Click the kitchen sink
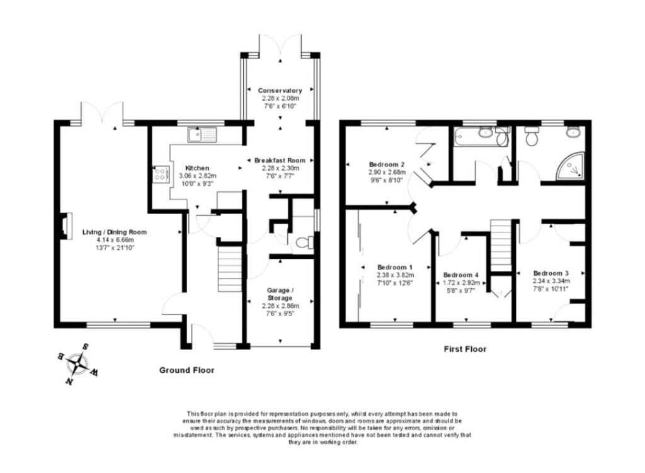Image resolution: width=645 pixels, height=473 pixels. pyautogui.click(x=201, y=134)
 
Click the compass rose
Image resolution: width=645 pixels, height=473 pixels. pyautogui.click(x=79, y=363)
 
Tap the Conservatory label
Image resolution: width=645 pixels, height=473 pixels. pyautogui.click(x=280, y=91)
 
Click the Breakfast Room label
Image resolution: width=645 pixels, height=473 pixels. pyautogui.click(x=280, y=160)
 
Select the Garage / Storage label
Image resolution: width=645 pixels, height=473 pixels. pyautogui.click(x=280, y=293)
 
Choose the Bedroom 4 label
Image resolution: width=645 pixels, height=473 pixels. pyautogui.click(x=461, y=275)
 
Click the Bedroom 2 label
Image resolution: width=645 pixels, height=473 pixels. pyautogui.click(x=387, y=164)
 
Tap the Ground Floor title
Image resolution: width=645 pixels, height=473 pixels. pyautogui.click(x=186, y=370)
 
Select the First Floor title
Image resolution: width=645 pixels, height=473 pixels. pyautogui.click(x=464, y=349)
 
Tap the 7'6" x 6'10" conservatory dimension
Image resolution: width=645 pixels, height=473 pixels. pyautogui.click(x=280, y=106)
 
